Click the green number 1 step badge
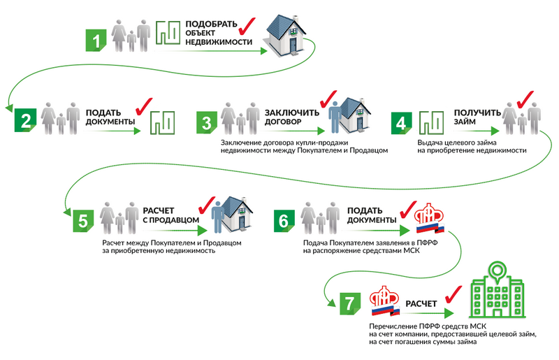click(x=96, y=39)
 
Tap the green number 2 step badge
click(x=25, y=121)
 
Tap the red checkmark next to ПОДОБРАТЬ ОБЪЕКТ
click(x=247, y=28)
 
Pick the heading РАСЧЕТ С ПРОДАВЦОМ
click(x=168, y=215)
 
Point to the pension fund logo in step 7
click(x=386, y=301)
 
